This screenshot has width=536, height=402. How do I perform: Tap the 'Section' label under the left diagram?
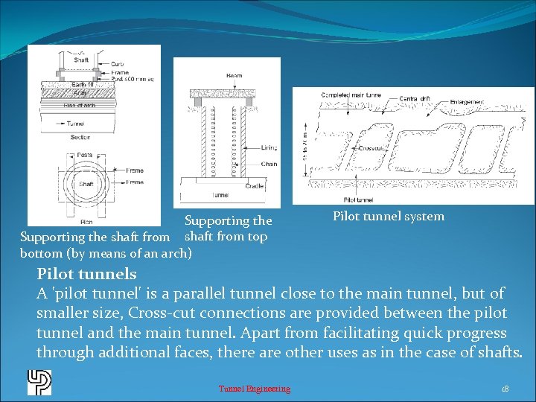(80, 136)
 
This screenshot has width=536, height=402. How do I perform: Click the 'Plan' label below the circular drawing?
(86, 221)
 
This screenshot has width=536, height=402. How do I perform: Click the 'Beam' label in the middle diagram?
(234, 76)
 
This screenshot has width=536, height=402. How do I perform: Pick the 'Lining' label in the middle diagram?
(269, 147)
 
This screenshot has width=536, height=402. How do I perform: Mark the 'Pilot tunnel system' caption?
(388, 217)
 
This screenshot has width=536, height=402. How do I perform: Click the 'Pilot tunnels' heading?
(86, 274)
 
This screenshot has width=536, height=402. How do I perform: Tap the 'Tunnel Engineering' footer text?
(255, 389)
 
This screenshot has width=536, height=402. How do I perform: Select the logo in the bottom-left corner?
(39, 381)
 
